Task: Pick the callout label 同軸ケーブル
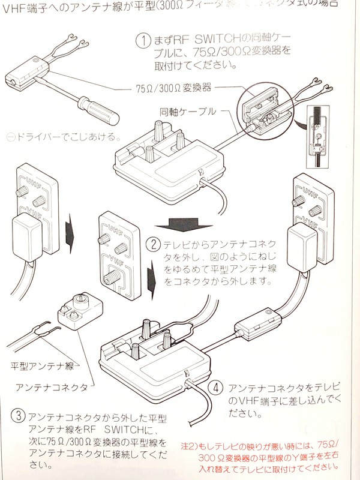click(183, 111)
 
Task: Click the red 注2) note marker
click(200, 443)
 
